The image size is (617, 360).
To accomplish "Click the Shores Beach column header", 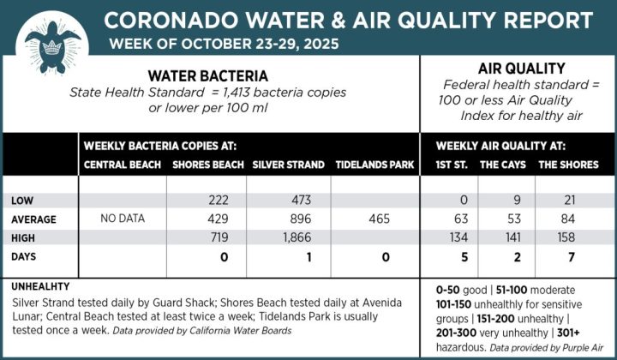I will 208,165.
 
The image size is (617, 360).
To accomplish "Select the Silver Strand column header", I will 288,165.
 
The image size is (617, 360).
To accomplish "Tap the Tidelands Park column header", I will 374,165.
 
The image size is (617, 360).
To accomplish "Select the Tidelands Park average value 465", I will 376,219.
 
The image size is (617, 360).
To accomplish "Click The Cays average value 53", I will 515,219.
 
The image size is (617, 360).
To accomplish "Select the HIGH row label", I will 23,237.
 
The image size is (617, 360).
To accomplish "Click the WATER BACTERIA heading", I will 208,75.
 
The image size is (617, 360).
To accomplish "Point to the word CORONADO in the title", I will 159,20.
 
